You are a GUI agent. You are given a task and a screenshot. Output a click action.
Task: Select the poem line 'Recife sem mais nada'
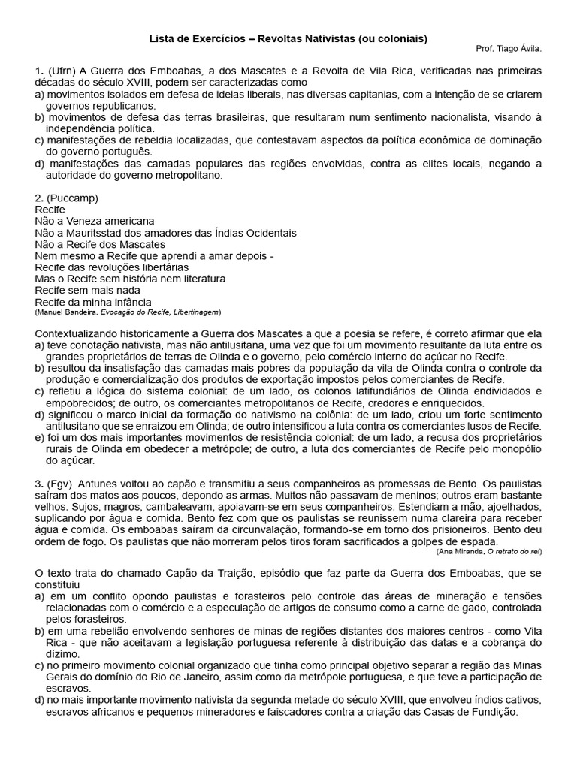(88, 290)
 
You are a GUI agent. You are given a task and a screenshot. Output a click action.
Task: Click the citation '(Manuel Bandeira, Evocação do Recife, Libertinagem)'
(128, 312)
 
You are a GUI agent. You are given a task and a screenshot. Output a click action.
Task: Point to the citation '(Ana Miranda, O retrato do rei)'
(489, 551)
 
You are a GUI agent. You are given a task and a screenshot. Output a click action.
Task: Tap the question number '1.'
(40, 71)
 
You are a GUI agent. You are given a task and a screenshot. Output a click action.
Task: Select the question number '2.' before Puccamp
(40, 198)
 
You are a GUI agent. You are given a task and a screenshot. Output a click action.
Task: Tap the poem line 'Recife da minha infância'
(93, 302)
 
